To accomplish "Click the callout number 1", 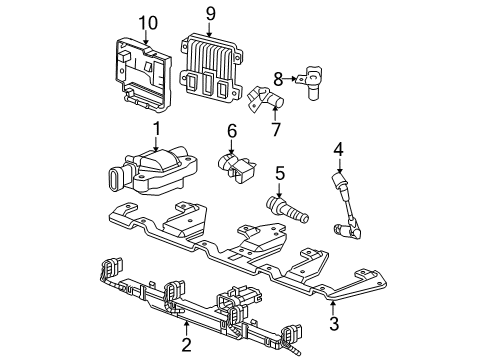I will point(156,128).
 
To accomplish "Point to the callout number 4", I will point(339,150).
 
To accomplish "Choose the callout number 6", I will point(231,130).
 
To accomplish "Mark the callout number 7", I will point(277,127).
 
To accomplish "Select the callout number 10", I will point(148,22).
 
